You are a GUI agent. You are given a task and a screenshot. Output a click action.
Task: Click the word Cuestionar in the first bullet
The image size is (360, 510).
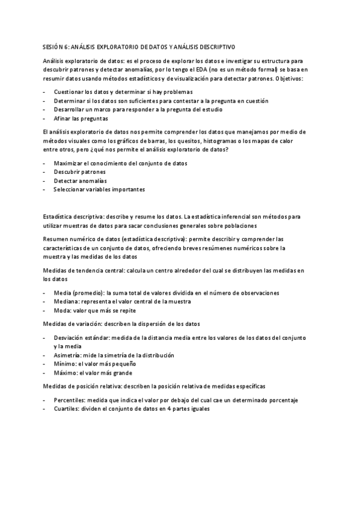pyautogui.click(x=68, y=92)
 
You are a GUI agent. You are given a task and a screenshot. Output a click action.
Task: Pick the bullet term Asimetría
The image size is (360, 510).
pyautogui.click(x=67, y=355)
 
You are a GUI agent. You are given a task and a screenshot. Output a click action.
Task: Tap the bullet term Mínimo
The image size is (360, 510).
pyautogui.click(x=64, y=364)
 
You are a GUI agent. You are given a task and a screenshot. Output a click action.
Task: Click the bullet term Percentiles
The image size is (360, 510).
pyautogui.click(x=69, y=400)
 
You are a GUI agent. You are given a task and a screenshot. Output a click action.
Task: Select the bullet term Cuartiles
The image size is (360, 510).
pyautogui.click(x=67, y=409)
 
